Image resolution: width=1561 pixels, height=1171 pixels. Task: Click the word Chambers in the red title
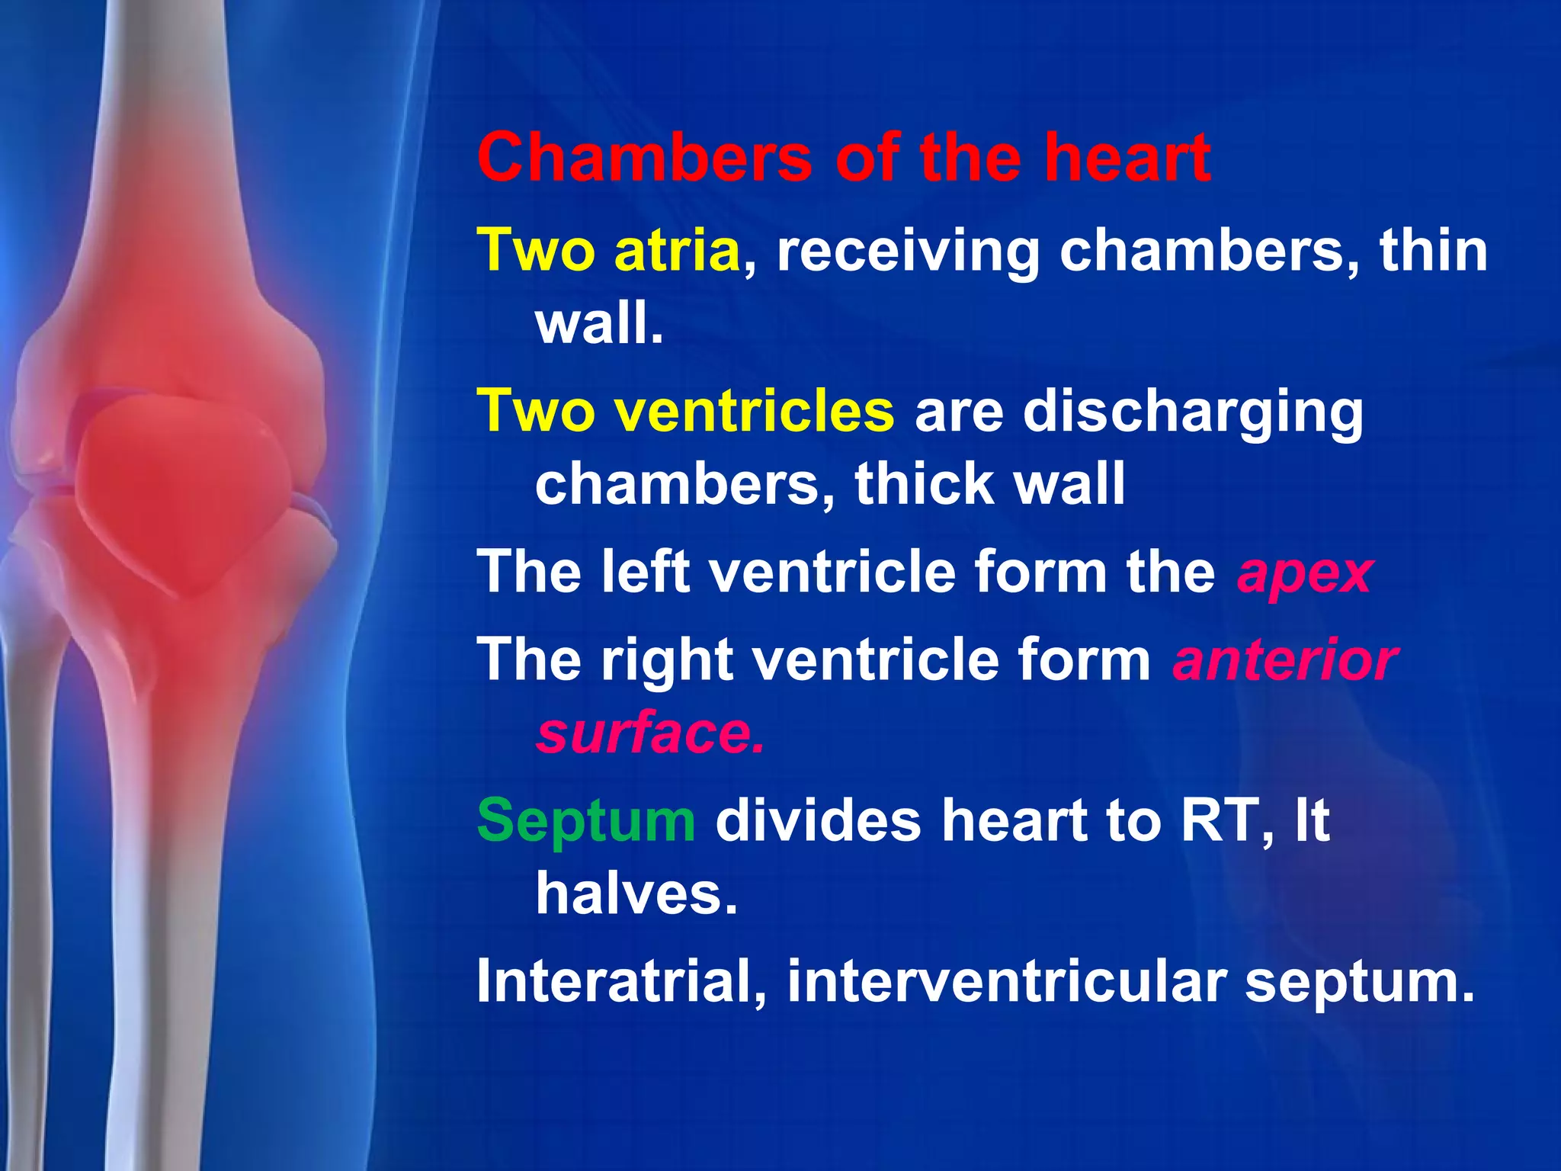coord(644,158)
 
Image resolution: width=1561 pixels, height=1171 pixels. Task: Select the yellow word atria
coord(677,251)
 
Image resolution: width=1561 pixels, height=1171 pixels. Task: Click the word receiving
coord(908,252)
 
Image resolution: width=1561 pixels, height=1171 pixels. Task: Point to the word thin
coord(1433,251)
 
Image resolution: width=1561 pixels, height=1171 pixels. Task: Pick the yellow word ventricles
coord(755,411)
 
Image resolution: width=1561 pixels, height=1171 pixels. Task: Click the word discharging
coord(1192,412)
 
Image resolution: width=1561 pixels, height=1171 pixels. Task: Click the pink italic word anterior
coord(1285,660)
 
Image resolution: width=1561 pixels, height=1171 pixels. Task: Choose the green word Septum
coord(585,821)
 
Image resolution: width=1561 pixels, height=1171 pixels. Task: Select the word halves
coord(636,893)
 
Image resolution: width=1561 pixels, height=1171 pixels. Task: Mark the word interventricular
coord(1007,981)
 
